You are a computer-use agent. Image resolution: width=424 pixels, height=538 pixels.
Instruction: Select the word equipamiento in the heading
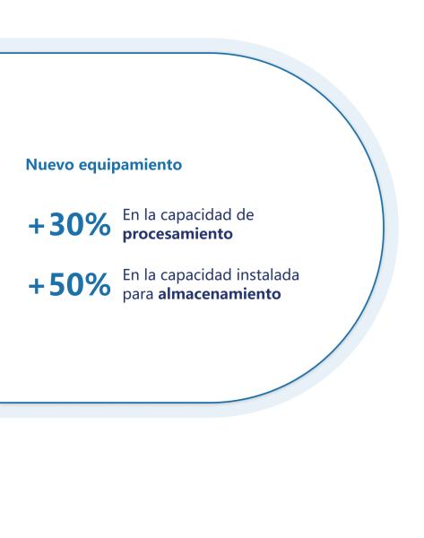pos(130,166)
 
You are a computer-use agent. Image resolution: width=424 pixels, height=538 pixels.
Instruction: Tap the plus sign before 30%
pos(37,226)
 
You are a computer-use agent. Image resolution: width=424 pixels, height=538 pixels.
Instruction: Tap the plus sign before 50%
pos(37,286)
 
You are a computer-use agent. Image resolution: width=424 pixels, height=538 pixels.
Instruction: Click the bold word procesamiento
pos(177,235)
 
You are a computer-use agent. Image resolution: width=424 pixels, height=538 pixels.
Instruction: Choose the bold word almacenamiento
pos(220,294)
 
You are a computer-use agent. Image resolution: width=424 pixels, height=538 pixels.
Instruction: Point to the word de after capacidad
pos(245,215)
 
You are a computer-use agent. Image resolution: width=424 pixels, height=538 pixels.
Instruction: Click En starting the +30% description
pos(131,215)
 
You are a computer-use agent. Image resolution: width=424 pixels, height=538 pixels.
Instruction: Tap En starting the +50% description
pos(131,275)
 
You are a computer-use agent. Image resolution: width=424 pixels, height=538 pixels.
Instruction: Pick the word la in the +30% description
pos(150,215)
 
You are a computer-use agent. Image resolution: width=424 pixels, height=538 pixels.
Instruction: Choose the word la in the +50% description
pos(150,275)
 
